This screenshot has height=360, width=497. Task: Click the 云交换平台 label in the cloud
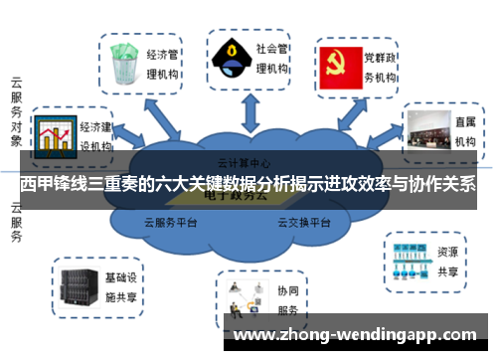click(302, 223)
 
